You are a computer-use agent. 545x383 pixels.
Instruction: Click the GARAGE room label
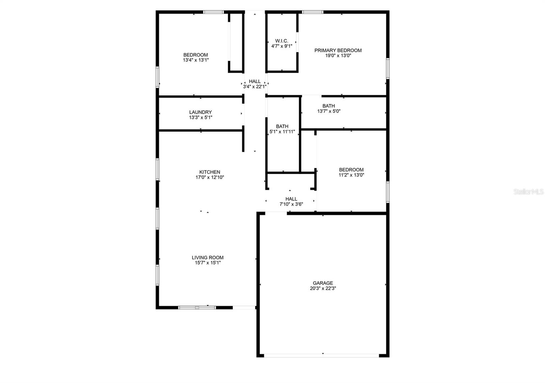coord(323,283)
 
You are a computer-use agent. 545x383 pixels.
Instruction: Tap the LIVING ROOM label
coord(207,258)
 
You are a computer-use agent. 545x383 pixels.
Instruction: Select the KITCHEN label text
coord(209,172)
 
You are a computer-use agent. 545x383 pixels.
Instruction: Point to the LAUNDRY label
coord(200,112)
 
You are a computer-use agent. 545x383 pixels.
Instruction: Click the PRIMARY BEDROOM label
coord(338,51)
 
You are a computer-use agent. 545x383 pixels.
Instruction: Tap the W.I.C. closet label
coord(282,41)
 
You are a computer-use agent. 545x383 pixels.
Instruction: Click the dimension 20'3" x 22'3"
coord(323,288)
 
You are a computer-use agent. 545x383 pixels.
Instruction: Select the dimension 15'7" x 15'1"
coord(207,263)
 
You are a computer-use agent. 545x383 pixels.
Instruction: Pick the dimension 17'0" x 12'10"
coord(209,178)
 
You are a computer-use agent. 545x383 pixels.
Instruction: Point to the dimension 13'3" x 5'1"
coord(200,118)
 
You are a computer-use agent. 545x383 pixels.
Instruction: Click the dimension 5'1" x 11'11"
coord(282,132)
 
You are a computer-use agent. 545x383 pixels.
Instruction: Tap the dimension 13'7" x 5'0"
coord(329,111)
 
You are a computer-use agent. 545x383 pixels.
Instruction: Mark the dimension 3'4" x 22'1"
coord(254,87)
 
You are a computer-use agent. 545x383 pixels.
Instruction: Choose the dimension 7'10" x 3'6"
coord(291,204)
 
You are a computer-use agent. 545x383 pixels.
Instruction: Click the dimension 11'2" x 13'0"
coord(351,175)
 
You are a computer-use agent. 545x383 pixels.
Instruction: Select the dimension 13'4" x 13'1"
coord(196,60)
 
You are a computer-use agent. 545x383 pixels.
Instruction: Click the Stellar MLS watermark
coord(528,192)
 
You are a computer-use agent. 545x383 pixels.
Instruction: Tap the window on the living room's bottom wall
coord(197,307)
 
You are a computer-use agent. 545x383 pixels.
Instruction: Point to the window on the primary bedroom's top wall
coord(313,12)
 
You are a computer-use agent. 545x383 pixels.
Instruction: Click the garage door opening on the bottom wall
coord(322,356)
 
